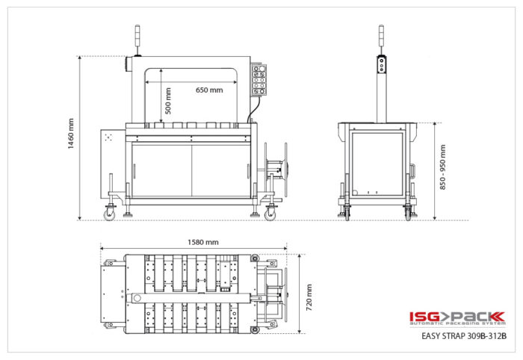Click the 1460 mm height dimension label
coord(71,134)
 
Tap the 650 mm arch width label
coord(209,90)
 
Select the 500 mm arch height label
coord(168,101)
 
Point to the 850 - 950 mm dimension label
coord(442,167)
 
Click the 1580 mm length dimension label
coord(202,242)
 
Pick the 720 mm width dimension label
coord(309,297)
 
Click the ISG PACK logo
coord(457,318)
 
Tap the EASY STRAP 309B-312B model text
coord(464,335)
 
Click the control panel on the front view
coord(259,80)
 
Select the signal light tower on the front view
coord(137,40)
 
